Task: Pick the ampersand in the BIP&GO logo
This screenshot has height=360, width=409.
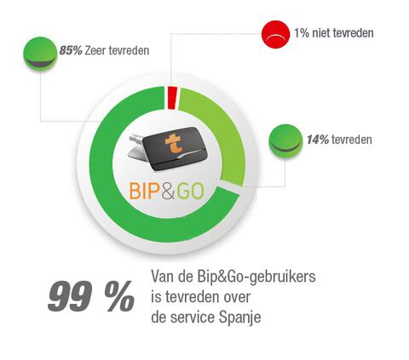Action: click(x=170, y=189)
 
